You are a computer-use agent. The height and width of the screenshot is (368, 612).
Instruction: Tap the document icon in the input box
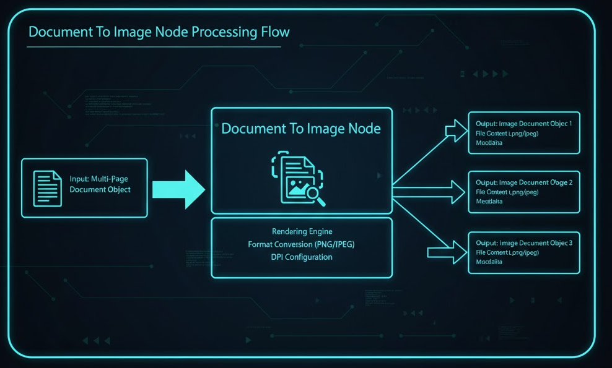coord(48,188)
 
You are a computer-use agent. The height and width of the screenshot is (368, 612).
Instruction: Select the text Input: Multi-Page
coord(100,178)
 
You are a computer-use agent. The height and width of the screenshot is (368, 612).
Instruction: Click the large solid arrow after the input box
coord(178,189)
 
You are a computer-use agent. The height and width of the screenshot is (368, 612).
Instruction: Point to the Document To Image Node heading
coord(301,129)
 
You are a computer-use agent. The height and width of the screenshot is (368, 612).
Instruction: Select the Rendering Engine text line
coord(302,232)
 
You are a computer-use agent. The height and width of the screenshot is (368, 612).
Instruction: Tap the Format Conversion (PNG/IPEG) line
coord(302,244)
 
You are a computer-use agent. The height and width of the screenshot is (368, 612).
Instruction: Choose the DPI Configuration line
coord(302,257)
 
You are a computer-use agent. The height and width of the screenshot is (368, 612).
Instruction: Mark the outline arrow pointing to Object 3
coord(447,251)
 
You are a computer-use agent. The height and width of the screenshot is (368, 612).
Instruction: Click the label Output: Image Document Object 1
coord(524,124)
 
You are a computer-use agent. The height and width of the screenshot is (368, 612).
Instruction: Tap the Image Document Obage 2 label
coord(524,182)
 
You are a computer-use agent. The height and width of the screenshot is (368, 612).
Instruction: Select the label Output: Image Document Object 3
coord(524,243)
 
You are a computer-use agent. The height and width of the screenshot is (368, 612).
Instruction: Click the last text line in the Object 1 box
coord(489,143)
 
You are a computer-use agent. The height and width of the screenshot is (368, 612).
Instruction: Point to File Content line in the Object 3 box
coord(507,252)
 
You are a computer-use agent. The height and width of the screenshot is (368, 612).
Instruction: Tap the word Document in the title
coord(57,32)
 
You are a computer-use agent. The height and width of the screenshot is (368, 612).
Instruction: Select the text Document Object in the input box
coord(100,189)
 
